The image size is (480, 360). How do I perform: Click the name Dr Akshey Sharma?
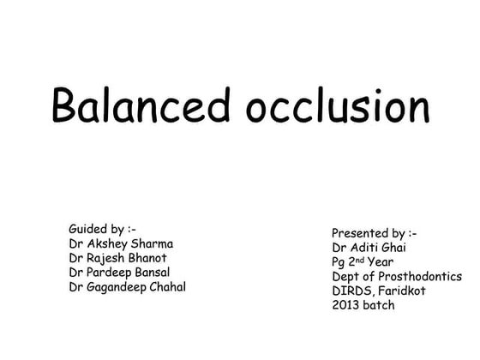121,243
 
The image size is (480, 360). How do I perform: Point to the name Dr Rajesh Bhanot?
118,257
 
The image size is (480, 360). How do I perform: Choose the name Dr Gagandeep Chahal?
128,286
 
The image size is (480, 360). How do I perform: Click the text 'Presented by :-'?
375,233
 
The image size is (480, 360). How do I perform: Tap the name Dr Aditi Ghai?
369,248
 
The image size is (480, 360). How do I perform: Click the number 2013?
347,306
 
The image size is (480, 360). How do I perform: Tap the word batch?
381,306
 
